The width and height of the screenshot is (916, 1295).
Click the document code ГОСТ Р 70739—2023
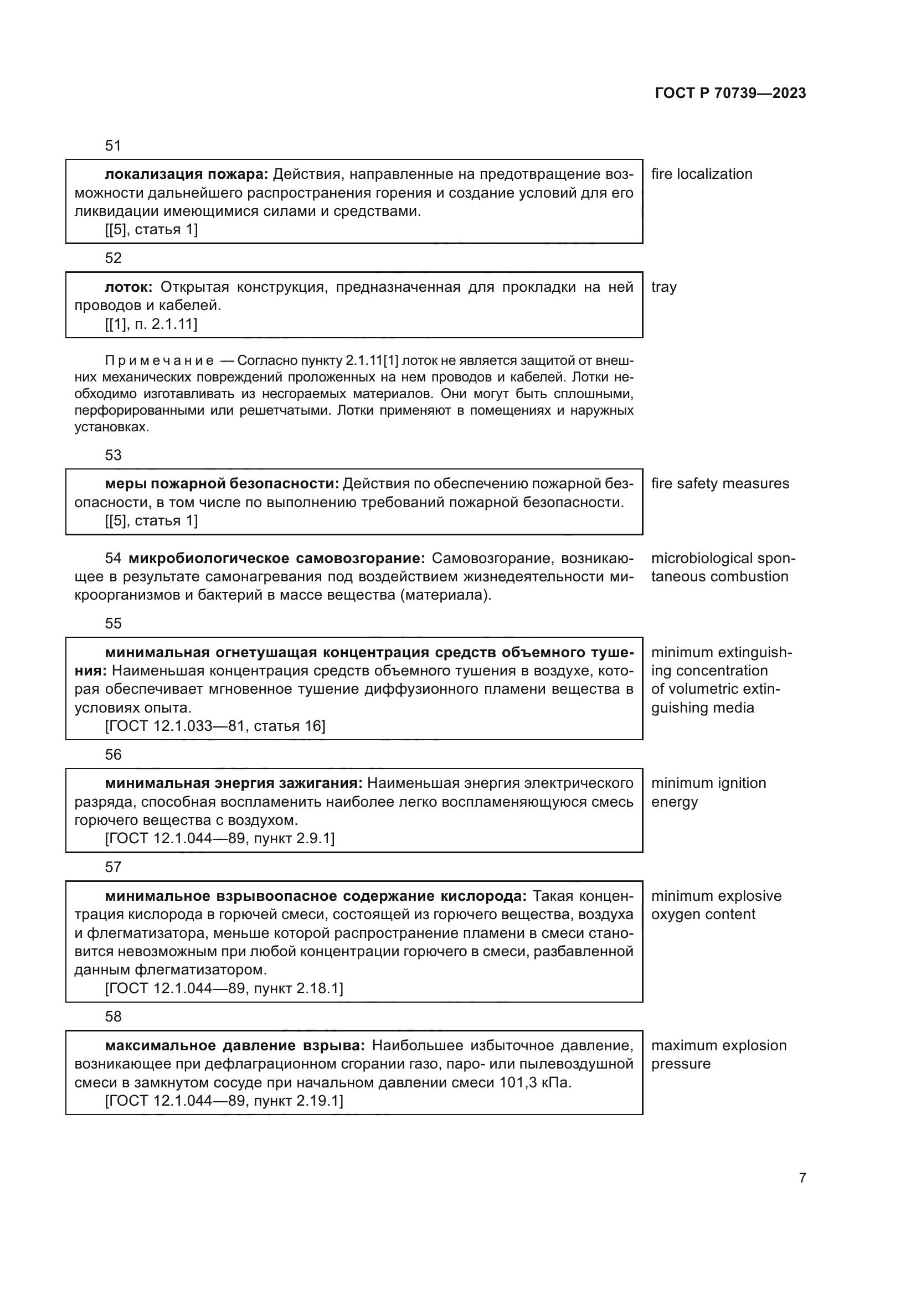click(730, 93)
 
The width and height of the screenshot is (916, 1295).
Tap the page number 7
click(802, 1178)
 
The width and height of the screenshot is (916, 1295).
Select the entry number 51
click(113, 146)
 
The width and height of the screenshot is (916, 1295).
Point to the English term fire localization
click(702, 174)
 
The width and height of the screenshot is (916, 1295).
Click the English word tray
click(664, 287)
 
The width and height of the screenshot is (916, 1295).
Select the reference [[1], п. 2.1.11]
click(151, 324)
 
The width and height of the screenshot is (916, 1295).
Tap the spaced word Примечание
click(159, 361)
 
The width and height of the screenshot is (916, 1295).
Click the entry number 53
click(113, 455)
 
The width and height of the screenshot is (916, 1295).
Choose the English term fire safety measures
click(721, 483)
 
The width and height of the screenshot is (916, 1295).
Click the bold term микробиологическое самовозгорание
click(277, 559)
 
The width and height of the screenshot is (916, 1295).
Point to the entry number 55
click(113, 623)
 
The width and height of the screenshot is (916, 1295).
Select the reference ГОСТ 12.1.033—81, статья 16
click(215, 726)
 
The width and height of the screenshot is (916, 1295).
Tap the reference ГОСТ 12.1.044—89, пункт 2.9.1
click(219, 839)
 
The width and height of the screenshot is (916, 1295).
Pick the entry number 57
click(113, 867)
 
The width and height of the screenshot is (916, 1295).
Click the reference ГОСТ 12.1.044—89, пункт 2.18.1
click(224, 988)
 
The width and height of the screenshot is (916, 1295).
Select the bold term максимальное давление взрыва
click(235, 1046)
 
